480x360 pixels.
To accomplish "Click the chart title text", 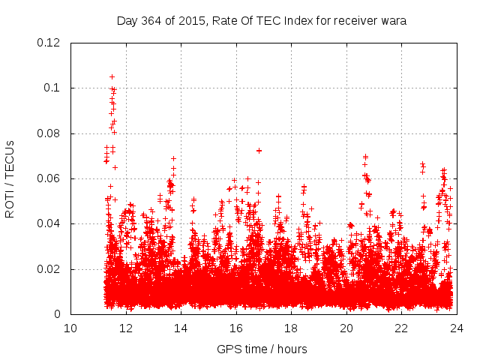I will (262, 21).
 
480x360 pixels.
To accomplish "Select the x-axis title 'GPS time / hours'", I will (262, 349).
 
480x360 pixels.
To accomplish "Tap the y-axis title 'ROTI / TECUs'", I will (10, 178).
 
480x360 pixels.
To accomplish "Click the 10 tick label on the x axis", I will (70, 328).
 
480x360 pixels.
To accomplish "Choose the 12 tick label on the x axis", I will (126, 328).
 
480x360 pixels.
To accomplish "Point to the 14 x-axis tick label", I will (181, 328).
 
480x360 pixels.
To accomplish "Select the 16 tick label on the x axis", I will (236, 328).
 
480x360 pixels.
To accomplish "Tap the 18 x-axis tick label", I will (291, 328).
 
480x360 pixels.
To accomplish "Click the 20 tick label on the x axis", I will (346, 328).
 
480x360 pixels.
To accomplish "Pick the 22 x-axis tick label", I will (401, 328).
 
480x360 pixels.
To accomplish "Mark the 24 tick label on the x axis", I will (457, 328).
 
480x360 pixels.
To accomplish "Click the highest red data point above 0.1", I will (112, 76).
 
